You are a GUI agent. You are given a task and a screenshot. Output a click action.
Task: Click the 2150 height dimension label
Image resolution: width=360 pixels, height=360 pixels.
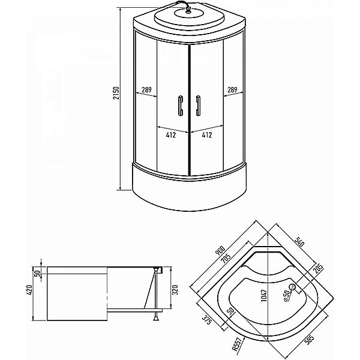point(116,93)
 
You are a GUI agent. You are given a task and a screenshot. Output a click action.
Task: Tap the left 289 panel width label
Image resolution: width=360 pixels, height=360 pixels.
point(146,89)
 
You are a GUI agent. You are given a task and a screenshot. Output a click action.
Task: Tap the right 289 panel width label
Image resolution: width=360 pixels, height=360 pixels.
point(232,89)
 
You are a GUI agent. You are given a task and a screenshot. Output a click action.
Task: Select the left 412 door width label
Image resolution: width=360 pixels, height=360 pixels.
point(171,135)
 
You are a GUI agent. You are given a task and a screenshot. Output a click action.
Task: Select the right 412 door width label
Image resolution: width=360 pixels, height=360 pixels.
point(207,135)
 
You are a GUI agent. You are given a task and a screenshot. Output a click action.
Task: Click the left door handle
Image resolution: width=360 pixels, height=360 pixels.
point(181,106)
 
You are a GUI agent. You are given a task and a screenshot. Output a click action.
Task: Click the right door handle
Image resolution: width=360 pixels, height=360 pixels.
point(198,106)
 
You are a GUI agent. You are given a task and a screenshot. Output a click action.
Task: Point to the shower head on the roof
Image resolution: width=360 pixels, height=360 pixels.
point(188,11)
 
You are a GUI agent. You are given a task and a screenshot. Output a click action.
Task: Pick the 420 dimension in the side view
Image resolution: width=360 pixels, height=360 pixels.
point(29,290)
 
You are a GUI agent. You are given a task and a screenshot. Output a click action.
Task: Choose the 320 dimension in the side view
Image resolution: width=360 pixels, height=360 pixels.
point(175,290)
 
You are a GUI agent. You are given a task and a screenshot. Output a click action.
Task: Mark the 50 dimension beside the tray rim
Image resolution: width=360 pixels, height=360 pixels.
point(38,273)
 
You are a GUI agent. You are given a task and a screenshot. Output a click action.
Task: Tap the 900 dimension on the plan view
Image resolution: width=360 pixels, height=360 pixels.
point(220,251)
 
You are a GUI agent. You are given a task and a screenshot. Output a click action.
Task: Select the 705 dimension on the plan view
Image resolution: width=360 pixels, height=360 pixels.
point(226,259)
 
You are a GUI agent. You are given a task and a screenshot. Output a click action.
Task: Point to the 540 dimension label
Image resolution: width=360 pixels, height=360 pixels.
point(299,241)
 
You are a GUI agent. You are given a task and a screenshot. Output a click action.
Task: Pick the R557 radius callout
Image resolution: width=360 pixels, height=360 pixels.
point(237,344)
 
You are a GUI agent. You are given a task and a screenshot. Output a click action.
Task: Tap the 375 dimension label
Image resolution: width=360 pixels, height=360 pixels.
point(206,320)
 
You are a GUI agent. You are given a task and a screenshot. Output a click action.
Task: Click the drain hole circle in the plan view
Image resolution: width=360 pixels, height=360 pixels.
point(293,287)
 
